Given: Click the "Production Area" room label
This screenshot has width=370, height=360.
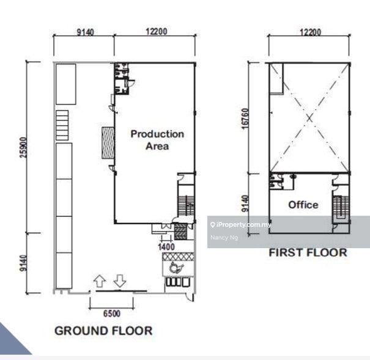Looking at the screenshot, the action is pos(157,140).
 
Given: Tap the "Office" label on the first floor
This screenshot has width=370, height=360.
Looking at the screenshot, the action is pos(303,205).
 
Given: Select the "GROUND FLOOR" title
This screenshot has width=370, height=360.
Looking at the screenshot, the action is pos(103,331).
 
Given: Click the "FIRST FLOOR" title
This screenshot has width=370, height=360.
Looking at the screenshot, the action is pos(308,252).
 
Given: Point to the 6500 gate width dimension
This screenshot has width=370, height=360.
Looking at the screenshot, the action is pos(112,314).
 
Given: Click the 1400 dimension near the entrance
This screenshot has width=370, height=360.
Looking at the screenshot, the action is pos(166,247).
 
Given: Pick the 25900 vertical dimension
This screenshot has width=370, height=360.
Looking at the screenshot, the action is pos(24,147).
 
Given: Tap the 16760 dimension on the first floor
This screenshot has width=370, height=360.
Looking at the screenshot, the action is pos(245,119).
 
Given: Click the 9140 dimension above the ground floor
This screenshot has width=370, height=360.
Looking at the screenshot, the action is pos(85,32).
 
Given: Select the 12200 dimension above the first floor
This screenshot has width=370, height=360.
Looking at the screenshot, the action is pos(310,32).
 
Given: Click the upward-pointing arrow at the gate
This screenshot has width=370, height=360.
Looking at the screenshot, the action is pos(99,281).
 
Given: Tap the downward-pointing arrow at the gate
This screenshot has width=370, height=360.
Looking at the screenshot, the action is pos(120,281).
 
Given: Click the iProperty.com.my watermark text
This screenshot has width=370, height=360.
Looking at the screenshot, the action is pos(241,225).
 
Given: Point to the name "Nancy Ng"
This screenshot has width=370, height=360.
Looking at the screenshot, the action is pos(224,237).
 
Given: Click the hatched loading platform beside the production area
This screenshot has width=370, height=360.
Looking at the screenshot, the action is pos(108,142).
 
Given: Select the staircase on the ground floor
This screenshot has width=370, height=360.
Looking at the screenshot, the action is pos(186,205).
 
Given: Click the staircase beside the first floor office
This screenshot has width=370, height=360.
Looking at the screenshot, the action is pos(341,207).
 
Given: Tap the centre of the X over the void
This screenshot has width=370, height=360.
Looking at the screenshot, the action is pos(309,118).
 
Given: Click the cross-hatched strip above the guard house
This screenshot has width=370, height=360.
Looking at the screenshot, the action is pos(179,257).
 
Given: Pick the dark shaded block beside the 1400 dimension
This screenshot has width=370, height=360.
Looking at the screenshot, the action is pos(180,232).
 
